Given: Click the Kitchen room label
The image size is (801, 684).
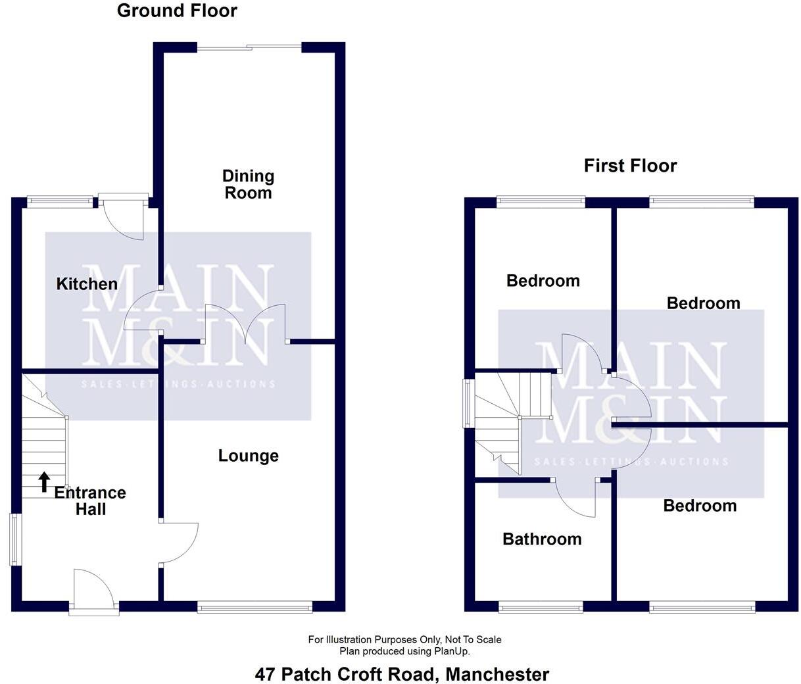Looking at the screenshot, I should click(87, 284).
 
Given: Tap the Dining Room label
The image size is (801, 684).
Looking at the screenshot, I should click(248, 184).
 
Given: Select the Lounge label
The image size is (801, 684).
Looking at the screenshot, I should click(249, 456).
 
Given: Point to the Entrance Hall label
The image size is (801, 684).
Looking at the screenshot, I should click(90, 501).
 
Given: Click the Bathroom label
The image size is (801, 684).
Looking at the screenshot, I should click(542, 539).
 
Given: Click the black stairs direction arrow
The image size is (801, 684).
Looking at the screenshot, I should click(44, 481).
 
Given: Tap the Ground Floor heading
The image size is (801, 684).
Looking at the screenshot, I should click(177, 11).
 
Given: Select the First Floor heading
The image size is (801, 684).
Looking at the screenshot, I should click(630, 166).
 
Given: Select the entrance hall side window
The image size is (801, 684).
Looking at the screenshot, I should click(14, 539).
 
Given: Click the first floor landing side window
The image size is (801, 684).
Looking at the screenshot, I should click(468, 403).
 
